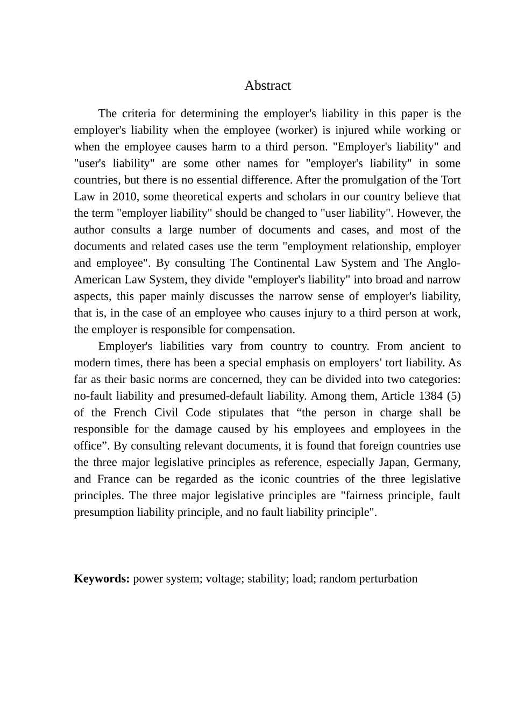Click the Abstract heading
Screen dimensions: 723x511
[x=267, y=86]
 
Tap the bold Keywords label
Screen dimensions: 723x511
[x=102, y=579]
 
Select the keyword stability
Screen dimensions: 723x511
[x=266, y=579]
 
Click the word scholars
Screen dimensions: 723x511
[x=306, y=196]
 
